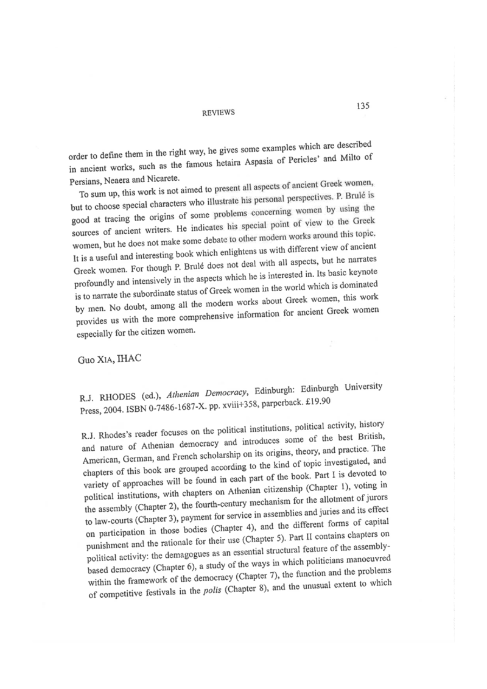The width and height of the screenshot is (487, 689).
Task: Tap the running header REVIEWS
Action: point(217,113)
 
